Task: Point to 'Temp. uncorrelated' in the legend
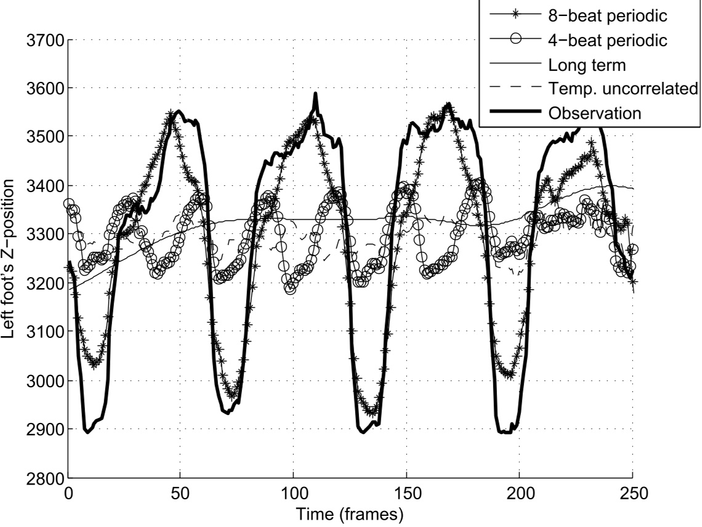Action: (x=622, y=89)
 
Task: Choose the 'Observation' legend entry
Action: (x=595, y=113)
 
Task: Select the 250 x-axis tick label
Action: (x=632, y=494)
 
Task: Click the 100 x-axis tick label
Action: (x=294, y=494)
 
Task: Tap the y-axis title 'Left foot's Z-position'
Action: (x=14, y=259)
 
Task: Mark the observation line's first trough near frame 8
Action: (x=87, y=432)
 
